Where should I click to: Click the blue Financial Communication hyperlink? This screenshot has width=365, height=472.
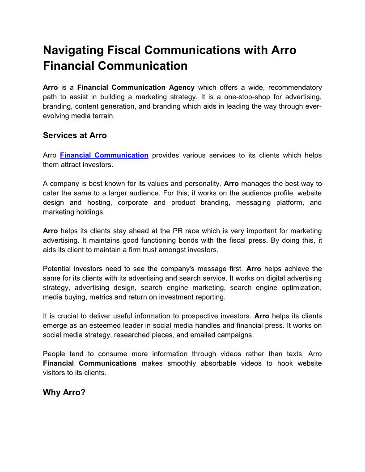[x=104, y=155]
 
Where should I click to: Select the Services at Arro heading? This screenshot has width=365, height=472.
[x=75, y=135]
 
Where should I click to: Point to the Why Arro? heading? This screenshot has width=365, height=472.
[x=64, y=392]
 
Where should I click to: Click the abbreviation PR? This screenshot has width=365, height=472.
[x=178, y=231]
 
